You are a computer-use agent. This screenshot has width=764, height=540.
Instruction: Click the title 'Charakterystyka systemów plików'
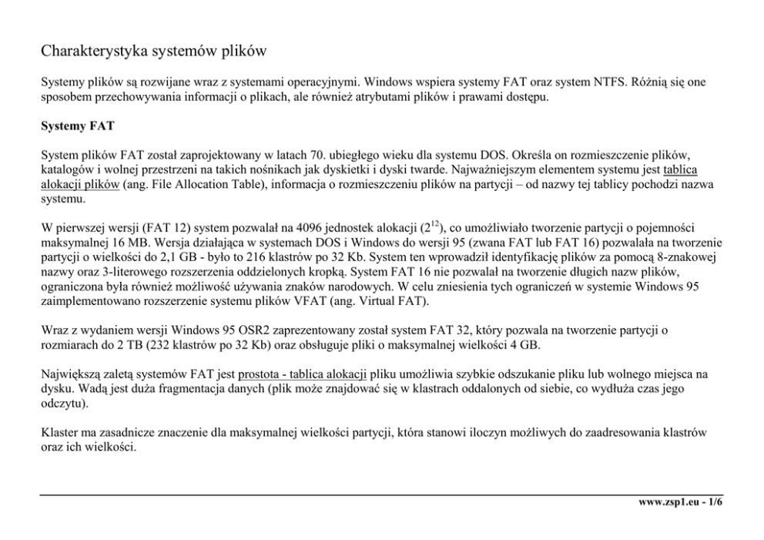153,52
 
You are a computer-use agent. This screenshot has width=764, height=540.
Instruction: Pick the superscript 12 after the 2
434,223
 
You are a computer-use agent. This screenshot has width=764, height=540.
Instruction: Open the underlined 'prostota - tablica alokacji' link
303,375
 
